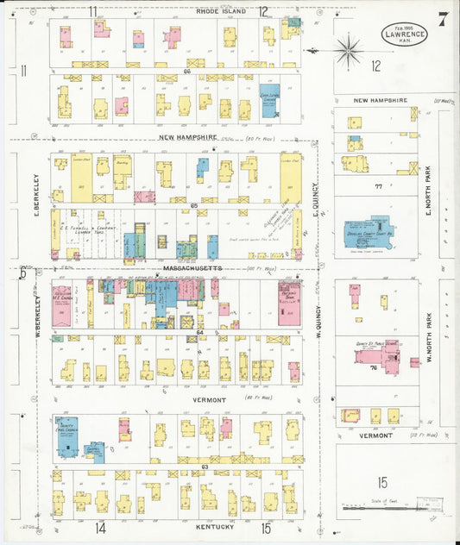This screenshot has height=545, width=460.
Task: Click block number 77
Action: (377, 186)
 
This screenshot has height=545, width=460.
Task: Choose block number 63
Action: (205, 467)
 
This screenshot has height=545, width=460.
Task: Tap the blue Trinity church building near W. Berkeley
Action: (66, 435)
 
